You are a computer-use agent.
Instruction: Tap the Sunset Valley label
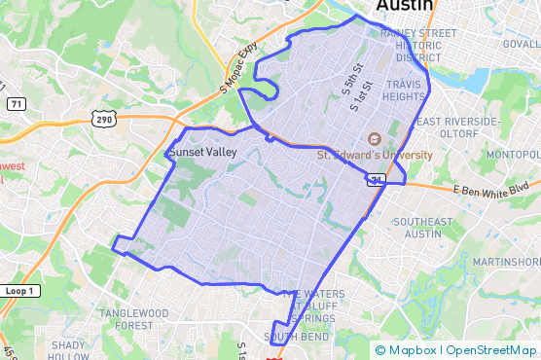(x=202, y=153)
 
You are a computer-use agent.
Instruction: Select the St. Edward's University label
(x=375, y=155)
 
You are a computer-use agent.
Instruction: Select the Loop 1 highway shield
(x=18, y=291)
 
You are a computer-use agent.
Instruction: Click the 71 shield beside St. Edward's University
(x=375, y=180)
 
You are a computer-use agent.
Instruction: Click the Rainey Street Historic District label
(x=418, y=45)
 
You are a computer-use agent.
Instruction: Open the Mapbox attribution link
(x=415, y=349)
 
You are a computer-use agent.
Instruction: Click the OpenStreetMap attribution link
(x=490, y=349)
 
